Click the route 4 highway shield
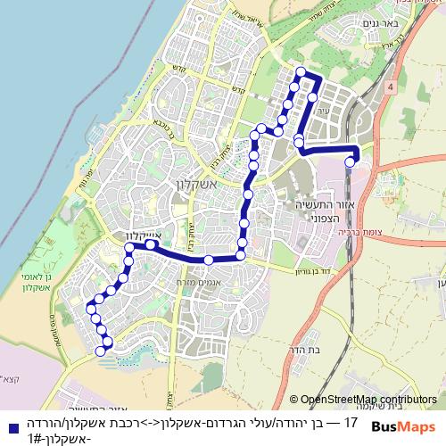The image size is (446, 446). [391, 87]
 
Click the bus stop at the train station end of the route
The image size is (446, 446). [351, 162]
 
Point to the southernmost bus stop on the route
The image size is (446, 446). [101, 351]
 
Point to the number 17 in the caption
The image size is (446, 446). [350, 421]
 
